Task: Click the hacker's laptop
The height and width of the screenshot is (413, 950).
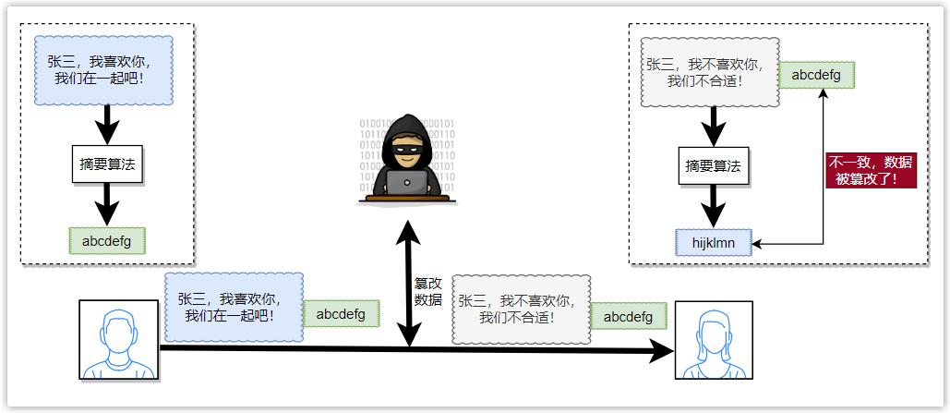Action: point(407,183)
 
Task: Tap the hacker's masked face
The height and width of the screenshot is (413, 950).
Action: point(407,147)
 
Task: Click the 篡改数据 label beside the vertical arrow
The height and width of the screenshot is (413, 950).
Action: point(428,292)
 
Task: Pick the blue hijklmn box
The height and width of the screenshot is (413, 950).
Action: point(712,243)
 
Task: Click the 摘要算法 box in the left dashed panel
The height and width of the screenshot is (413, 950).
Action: point(107,165)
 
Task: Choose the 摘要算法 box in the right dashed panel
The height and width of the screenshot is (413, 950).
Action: point(712,167)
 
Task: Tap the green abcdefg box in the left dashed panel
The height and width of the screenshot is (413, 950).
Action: point(107,241)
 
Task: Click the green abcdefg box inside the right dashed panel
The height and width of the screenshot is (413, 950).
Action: point(816,75)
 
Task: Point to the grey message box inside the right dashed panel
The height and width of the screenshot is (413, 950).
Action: point(710,73)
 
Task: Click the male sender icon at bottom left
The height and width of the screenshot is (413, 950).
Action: point(119,340)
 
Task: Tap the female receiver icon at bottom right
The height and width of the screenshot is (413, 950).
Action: point(714,340)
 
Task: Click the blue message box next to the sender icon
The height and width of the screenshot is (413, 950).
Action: point(234,308)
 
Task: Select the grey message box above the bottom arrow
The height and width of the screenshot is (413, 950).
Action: point(522,310)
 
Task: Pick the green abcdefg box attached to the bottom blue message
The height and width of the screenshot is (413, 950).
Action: point(341,314)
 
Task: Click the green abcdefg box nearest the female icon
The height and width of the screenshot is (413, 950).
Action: point(629,317)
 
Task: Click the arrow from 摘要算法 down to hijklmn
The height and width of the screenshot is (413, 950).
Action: point(712,205)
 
